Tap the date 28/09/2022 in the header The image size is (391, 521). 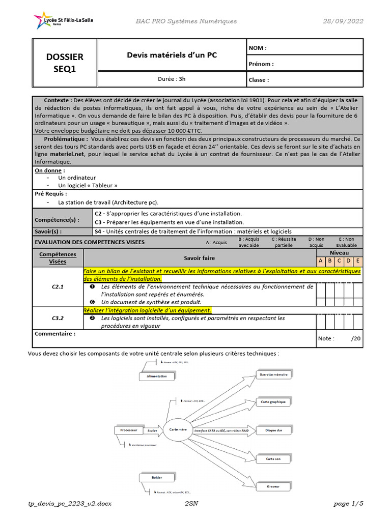pos(343,21)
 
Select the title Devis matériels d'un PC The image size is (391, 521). pos(172,55)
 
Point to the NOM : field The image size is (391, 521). pos(304,47)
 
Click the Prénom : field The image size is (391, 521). pos(304,64)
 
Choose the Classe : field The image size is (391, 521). pos(304,80)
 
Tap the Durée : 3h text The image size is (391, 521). pos(172,79)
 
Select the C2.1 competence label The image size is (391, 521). pos(58,287)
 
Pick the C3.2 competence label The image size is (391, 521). pos(58,318)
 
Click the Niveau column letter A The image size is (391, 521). pos(321,262)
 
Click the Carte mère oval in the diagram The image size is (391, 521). pos(178,429)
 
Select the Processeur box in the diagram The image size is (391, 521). pos(129,430)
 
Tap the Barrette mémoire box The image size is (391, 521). pos(273,374)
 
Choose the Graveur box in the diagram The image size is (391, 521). pos(273,486)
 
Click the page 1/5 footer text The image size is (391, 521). pos(349,504)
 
